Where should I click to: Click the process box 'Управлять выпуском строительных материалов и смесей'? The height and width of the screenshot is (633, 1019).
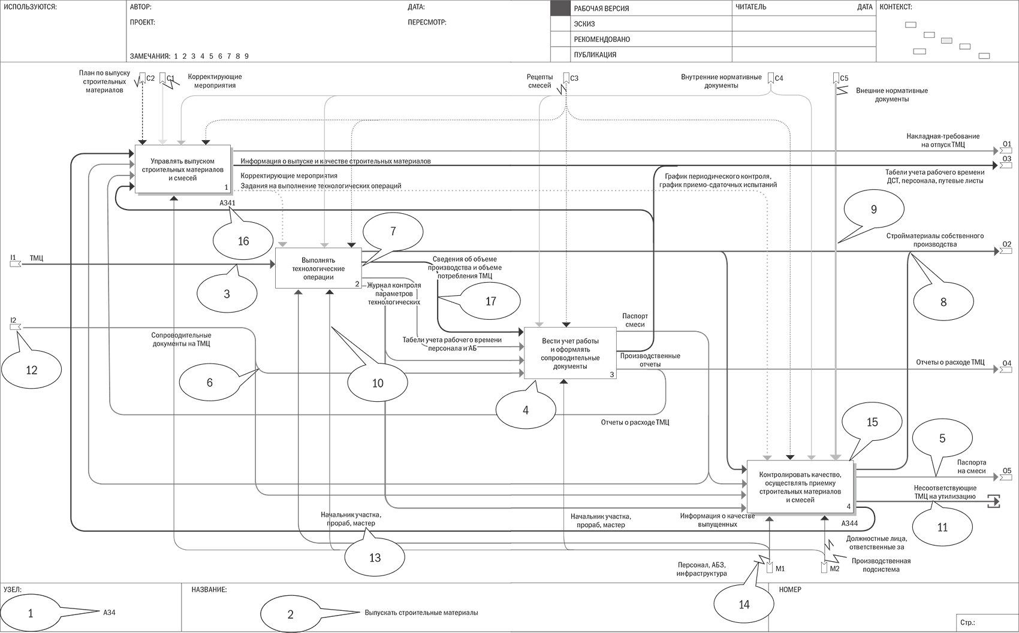tap(182, 169)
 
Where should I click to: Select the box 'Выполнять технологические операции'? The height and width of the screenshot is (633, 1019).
tap(318, 269)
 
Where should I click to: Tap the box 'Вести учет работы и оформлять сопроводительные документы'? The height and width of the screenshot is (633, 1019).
tap(569, 353)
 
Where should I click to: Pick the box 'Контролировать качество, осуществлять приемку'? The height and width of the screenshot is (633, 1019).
tap(800, 486)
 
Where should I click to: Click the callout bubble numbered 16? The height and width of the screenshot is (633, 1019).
tap(243, 241)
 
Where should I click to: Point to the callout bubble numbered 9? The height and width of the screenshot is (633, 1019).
tap(873, 209)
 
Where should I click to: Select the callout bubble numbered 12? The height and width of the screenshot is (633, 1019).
tap(31, 370)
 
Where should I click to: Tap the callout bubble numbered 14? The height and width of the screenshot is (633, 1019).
tap(744, 604)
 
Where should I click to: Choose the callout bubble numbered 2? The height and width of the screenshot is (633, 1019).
tap(291, 614)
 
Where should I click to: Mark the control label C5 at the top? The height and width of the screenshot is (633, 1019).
tap(844, 78)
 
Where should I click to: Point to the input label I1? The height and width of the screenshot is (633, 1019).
tap(13, 258)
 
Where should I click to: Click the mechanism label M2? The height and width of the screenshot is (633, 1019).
tap(834, 568)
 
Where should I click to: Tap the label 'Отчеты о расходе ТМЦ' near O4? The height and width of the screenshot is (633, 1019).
tap(950, 362)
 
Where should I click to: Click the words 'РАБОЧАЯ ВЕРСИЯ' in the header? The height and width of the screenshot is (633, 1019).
tap(601, 8)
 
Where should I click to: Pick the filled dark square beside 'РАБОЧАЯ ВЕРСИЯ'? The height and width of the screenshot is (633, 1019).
tap(560, 8)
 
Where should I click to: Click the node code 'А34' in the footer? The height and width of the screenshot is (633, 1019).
tap(109, 613)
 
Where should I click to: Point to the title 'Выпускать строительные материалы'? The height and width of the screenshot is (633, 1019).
tap(421, 613)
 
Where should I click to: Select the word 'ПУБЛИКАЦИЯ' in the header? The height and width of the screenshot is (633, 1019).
tap(595, 54)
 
